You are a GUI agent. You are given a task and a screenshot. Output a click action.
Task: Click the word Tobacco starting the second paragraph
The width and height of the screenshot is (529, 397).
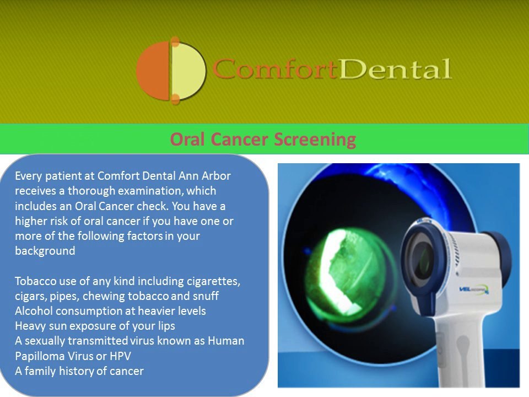tap(35, 281)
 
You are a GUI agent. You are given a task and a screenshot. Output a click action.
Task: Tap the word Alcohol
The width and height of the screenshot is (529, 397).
tap(34, 311)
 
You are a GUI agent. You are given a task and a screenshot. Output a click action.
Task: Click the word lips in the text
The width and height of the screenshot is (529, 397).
tap(166, 326)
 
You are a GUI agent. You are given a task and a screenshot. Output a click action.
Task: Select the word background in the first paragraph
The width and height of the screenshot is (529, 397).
tap(45, 251)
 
